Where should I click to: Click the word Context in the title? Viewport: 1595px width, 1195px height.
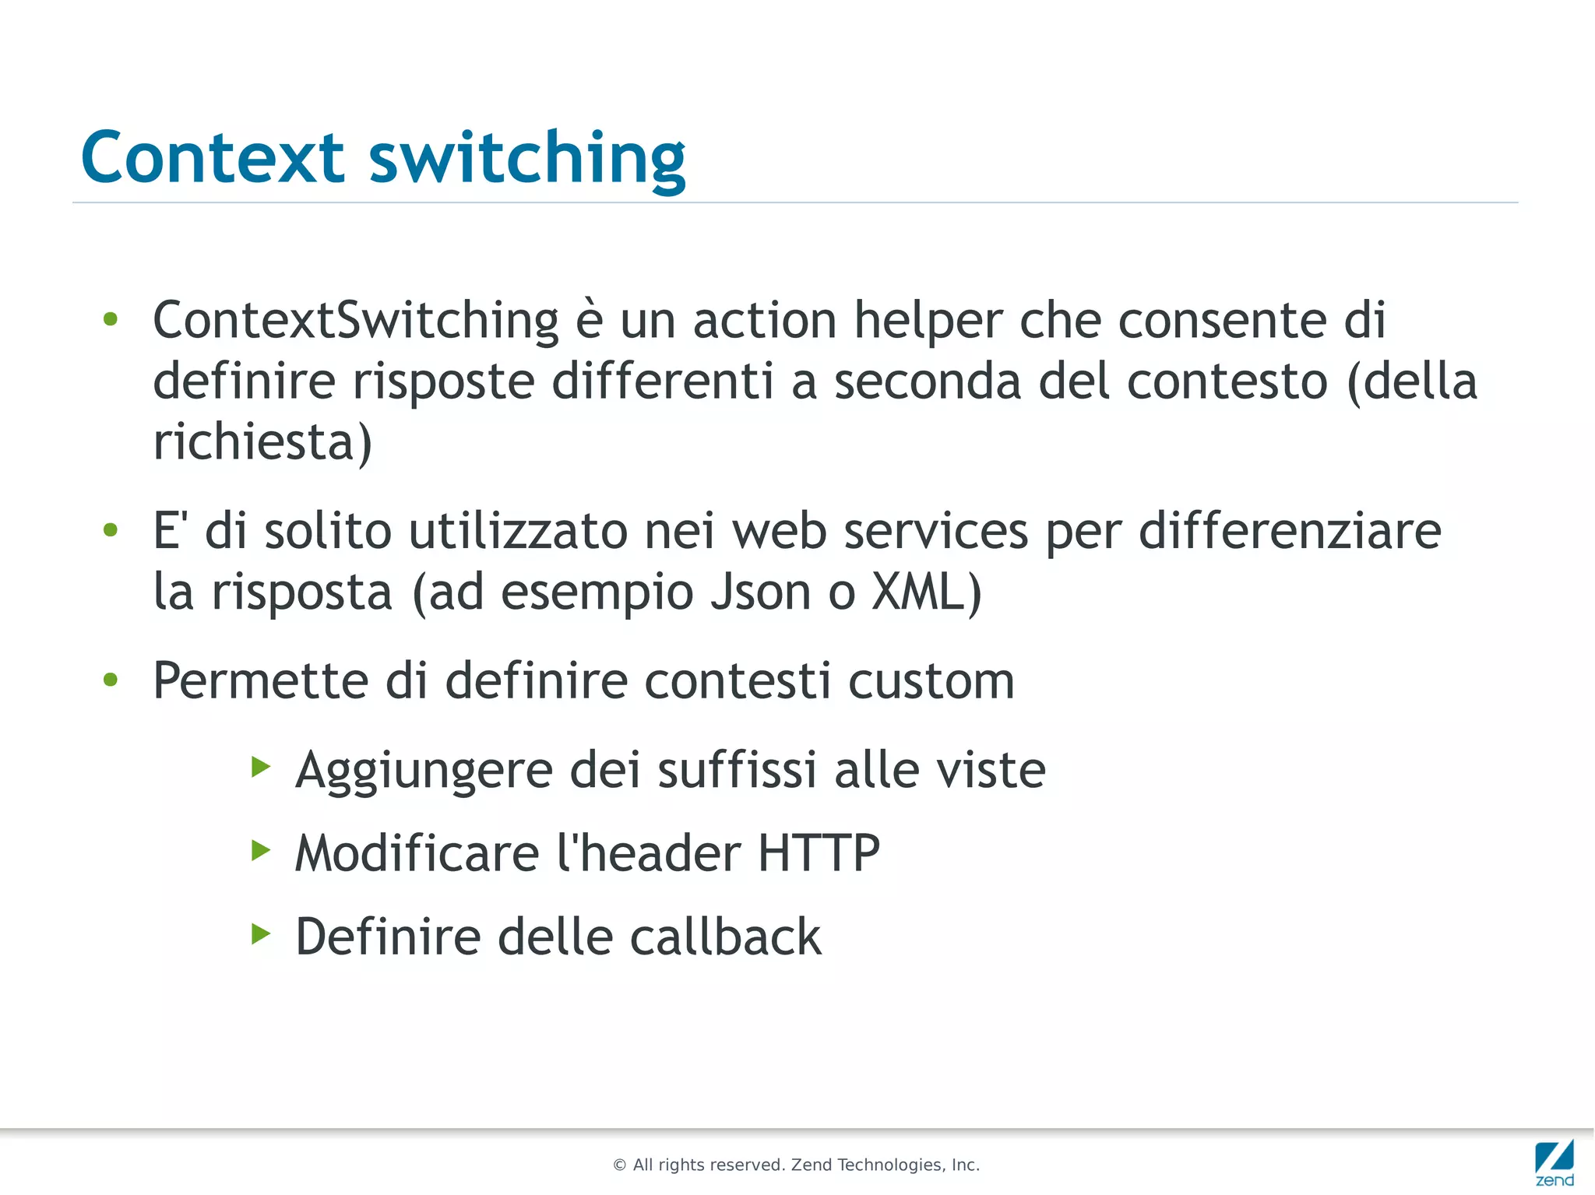point(212,157)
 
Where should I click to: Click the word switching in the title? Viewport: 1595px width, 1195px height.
point(527,159)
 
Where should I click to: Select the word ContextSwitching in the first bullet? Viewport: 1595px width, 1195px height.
point(356,320)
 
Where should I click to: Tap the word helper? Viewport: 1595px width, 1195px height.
point(928,322)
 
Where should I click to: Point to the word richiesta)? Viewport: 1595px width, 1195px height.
point(262,441)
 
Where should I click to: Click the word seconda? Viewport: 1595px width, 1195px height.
point(928,381)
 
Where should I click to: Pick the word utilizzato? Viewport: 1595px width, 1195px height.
point(518,531)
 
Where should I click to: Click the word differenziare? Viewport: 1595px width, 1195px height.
point(1290,531)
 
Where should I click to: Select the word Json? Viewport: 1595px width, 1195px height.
point(761,592)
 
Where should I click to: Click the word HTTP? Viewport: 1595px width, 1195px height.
point(819,852)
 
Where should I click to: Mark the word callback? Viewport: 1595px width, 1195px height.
point(725,936)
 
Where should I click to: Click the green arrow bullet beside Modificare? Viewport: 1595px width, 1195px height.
point(261,850)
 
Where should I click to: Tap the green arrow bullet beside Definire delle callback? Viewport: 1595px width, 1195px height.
point(261,933)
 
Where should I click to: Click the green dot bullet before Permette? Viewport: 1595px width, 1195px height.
point(111,680)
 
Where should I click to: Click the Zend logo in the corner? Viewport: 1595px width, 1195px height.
point(1554,1162)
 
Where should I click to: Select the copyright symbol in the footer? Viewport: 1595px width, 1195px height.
point(620,1165)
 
